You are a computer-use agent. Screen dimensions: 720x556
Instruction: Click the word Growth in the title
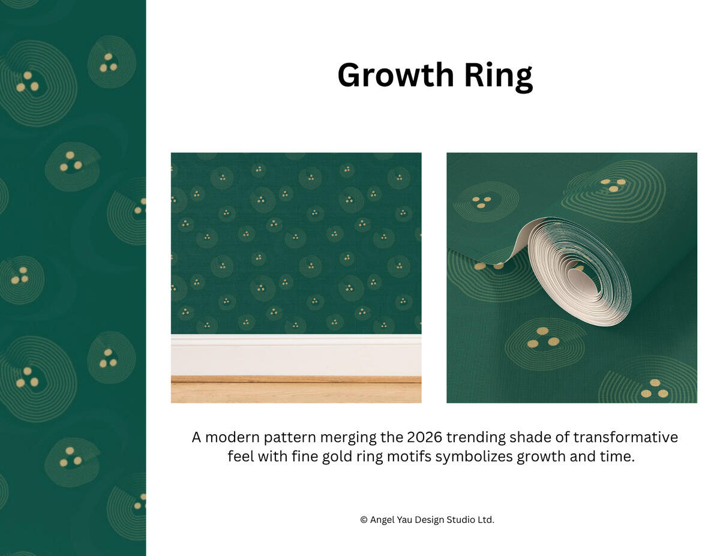coord(395,76)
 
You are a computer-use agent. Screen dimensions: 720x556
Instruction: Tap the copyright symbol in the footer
coord(364,520)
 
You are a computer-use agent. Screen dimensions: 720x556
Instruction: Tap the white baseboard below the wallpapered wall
coord(296,355)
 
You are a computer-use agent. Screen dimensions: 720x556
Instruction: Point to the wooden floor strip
coord(296,389)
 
